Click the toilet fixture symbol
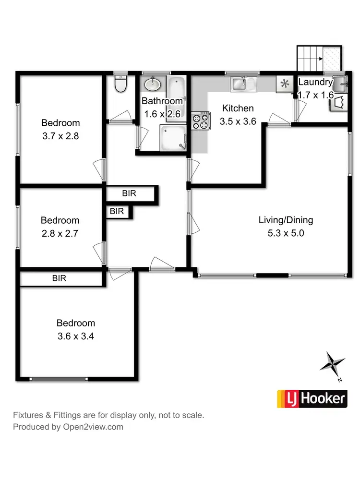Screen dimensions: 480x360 (121, 85)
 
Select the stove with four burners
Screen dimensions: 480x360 (201, 120)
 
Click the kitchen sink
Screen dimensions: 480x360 (244, 84)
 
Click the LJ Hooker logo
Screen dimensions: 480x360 (312, 398)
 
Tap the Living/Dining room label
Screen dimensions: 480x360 (286, 220)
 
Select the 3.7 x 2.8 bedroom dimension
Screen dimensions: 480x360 (60, 136)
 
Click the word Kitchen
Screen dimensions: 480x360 (238, 108)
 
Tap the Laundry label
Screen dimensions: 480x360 (315, 82)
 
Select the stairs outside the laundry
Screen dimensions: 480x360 (319, 58)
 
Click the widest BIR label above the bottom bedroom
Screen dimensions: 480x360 (59, 278)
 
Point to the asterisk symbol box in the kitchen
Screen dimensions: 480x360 (285, 84)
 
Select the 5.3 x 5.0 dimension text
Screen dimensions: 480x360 (286, 234)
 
